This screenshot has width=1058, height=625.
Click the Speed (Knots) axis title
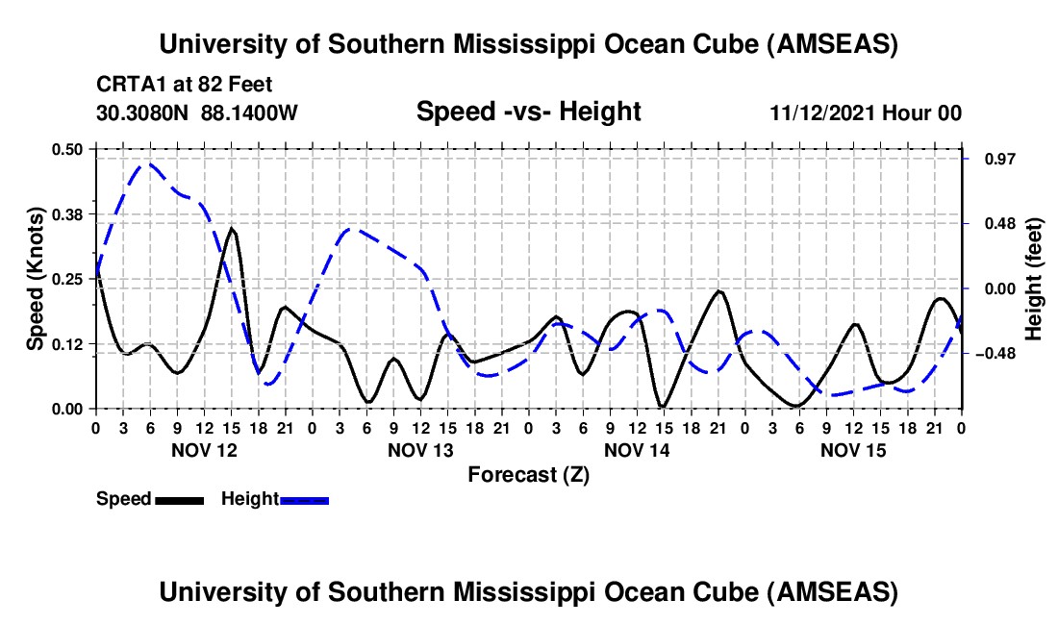(x=36, y=279)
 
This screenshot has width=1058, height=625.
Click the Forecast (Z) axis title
(x=528, y=475)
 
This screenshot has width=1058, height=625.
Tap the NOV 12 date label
(x=205, y=450)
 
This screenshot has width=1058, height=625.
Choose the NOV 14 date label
(x=637, y=450)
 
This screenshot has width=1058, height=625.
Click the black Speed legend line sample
(x=179, y=500)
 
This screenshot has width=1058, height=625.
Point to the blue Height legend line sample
(x=304, y=500)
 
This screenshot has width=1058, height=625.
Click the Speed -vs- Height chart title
(x=528, y=112)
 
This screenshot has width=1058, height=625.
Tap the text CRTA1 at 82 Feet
(x=184, y=86)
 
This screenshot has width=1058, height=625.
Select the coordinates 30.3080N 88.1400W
(x=197, y=112)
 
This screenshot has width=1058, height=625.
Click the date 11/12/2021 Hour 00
(x=866, y=113)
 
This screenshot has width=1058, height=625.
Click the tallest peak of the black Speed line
(x=232, y=228)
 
